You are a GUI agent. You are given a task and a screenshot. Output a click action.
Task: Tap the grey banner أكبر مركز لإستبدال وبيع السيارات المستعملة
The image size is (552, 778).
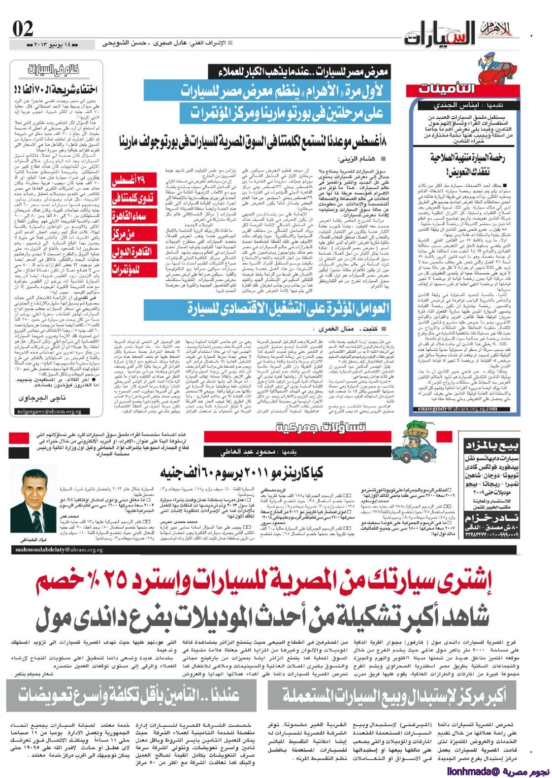tap(394, 694)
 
